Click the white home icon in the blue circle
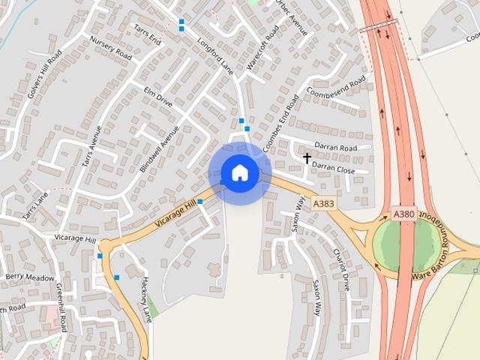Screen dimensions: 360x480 (239, 172)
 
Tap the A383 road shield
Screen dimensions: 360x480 (323, 203)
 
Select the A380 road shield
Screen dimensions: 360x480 (404, 214)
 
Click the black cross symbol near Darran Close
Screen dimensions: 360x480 (307, 158)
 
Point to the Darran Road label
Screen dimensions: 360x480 (335, 148)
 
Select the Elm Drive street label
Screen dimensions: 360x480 (157, 96)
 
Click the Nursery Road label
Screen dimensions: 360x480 (110, 48)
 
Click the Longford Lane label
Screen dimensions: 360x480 (216, 55)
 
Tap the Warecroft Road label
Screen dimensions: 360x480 (262, 48)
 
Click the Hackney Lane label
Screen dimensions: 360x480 (145, 298)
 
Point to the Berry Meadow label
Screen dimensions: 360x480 (30, 277)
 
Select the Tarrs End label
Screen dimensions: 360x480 (147, 34)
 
